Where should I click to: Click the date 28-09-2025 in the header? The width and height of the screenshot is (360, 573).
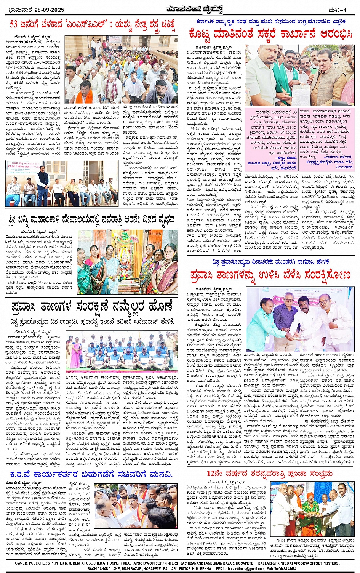pyautogui.click(x=50, y=10)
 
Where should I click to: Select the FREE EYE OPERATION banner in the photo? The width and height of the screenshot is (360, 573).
pyautogui.click(x=23, y=166)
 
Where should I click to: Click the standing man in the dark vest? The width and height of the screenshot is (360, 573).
pyautogui.click(x=43, y=179)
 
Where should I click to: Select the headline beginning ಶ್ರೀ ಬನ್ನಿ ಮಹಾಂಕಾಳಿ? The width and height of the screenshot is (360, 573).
pyautogui.click(x=91, y=219)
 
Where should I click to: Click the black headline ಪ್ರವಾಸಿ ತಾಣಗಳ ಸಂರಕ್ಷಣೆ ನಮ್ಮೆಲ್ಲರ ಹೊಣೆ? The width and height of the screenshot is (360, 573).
pyautogui.click(x=91, y=306)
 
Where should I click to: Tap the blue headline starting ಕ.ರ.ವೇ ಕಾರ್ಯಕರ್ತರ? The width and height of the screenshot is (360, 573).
pyautogui.click(x=91, y=474)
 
